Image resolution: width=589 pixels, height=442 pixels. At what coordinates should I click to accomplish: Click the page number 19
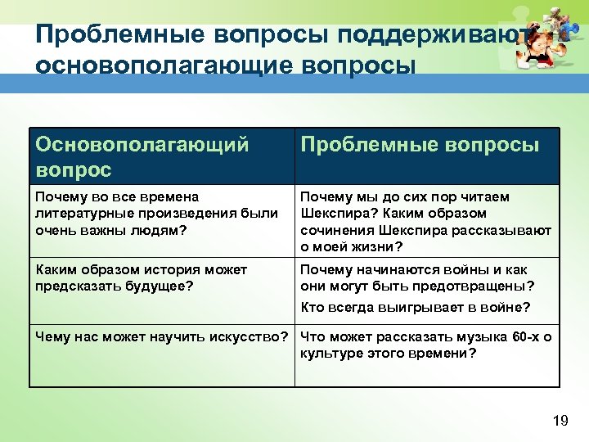point(560,421)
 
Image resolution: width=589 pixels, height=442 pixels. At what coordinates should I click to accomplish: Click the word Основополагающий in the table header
point(142,145)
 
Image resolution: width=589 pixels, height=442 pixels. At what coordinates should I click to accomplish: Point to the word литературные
point(78,213)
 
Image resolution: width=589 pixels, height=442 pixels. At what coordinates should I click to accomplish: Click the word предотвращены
point(477,286)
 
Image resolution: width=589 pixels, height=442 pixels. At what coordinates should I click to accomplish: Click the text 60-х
point(528,336)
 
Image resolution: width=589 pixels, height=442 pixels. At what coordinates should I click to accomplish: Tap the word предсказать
point(72,286)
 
